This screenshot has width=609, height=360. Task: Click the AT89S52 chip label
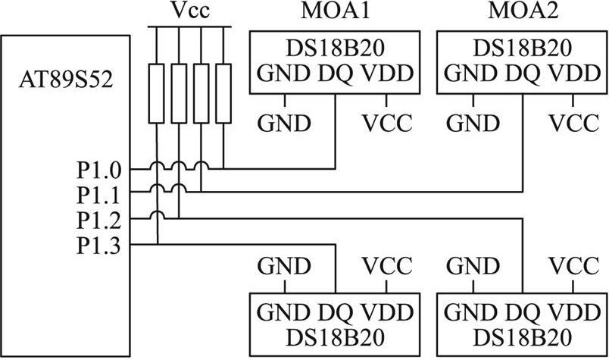tap(65, 79)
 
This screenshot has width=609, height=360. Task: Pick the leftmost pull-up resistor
tap(157, 93)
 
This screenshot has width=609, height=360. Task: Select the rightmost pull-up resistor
tap(223, 93)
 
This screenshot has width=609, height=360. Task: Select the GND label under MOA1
tap(284, 122)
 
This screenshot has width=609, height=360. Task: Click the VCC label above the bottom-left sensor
tap(387, 266)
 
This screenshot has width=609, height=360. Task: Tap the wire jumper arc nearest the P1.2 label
tap(158, 218)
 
